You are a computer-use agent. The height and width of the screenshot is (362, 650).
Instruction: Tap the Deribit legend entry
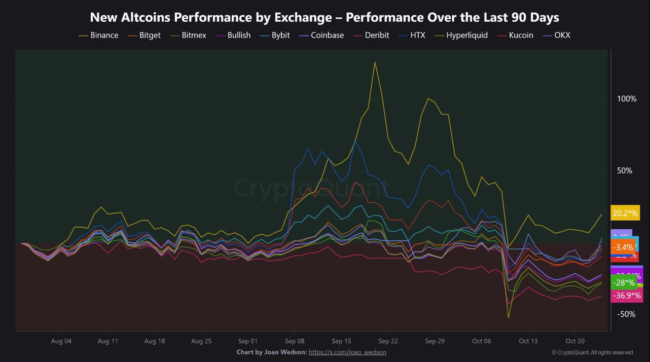tap(376, 35)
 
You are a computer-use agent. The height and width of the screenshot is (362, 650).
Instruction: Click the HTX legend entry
tap(418, 35)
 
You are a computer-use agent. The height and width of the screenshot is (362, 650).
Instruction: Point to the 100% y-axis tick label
tap(627, 98)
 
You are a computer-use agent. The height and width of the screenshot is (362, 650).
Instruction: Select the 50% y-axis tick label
tap(625, 171)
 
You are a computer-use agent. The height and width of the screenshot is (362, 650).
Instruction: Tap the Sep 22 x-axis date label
tap(388, 341)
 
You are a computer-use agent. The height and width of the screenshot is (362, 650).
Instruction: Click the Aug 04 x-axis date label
tap(61, 341)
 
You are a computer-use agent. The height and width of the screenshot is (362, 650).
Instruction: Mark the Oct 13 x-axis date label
tap(528, 341)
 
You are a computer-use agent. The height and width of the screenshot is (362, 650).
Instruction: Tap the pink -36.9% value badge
tap(626, 295)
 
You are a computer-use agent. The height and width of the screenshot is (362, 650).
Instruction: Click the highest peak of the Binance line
tap(375, 62)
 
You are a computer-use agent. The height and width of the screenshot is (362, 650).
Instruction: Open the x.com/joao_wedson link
tap(347, 352)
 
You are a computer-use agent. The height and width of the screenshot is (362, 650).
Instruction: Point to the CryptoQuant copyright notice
tap(592, 352)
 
